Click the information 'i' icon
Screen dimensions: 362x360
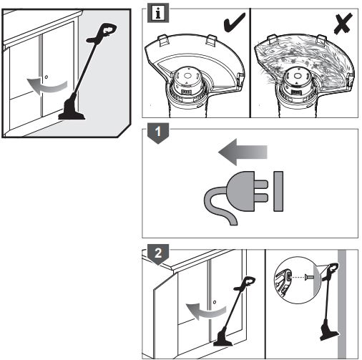[x=158, y=13]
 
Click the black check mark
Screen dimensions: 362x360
[x=234, y=22]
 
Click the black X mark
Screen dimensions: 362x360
[x=343, y=24]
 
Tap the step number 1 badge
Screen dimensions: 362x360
[x=158, y=133]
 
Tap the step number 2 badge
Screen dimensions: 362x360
[x=158, y=254]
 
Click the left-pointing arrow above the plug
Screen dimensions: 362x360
[x=243, y=152]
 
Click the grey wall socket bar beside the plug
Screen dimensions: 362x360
[x=278, y=191]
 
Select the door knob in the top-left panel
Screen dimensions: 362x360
[x=47, y=77]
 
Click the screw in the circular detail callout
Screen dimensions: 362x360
[x=308, y=277]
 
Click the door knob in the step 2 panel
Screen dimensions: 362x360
[x=215, y=302]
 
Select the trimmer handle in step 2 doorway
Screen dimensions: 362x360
[x=244, y=284]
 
